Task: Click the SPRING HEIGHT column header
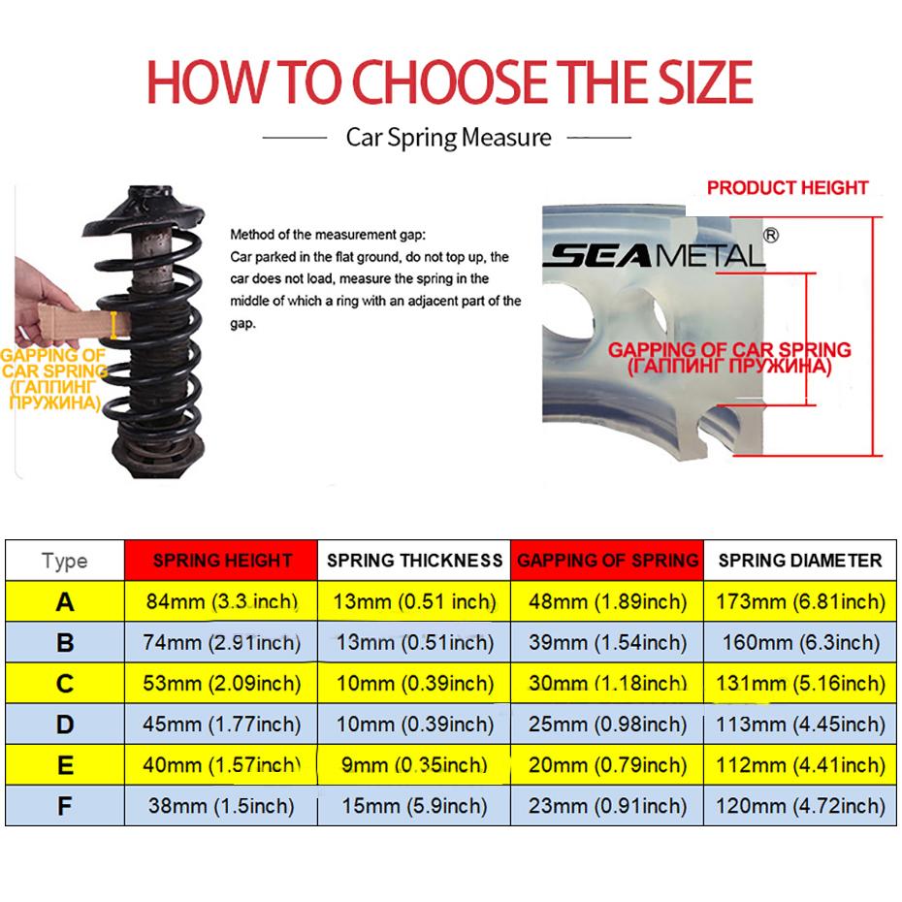[222, 561]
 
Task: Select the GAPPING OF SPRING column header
[607, 561]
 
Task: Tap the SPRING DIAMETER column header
[800, 561]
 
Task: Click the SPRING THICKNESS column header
[414, 561]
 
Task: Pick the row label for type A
[65, 601]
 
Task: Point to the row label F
[65, 806]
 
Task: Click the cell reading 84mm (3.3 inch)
[222, 601]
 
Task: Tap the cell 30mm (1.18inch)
[608, 684]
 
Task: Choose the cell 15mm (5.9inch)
[414, 806]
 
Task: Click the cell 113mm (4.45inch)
[800, 725]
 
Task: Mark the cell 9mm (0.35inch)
[414, 765]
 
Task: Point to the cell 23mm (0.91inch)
[608, 806]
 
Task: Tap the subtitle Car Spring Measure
[449, 138]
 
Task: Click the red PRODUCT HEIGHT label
[788, 187]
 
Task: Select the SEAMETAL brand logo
[656, 256]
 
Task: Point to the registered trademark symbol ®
[771, 235]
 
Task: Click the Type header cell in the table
[64, 561]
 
